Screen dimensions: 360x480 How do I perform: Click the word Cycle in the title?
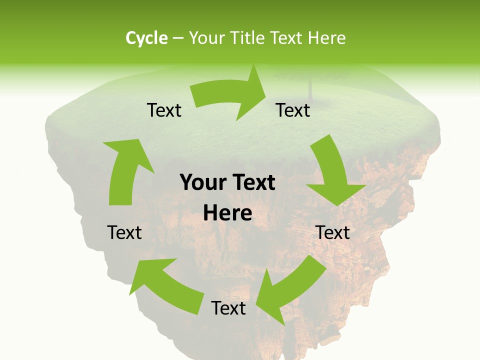tap(146, 38)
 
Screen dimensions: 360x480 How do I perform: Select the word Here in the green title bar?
tap(327, 38)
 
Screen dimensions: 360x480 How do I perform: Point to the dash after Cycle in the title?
tap(178, 38)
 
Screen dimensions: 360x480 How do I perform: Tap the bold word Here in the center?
tap(227, 213)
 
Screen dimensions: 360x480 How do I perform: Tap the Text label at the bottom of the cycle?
tap(228, 308)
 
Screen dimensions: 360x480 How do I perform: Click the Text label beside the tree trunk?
tap(293, 110)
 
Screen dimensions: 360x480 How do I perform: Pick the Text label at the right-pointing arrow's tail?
tap(164, 110)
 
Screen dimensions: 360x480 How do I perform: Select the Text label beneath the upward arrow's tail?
tap(124, 232)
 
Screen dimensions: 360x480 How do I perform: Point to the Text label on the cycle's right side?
tap(332, 232)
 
